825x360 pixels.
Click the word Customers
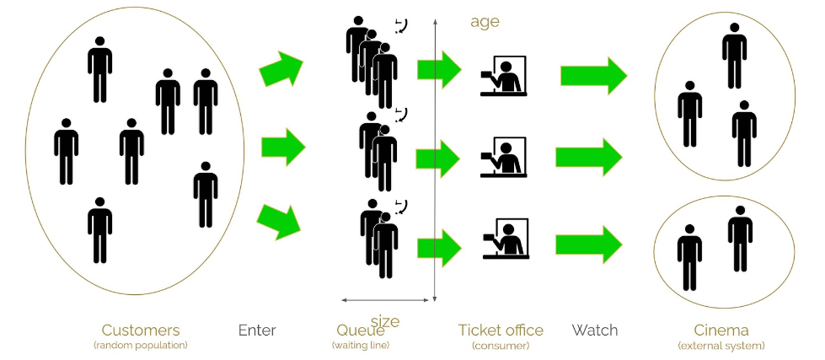click(x=141, y=330)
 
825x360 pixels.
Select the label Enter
click(x=257, y=330)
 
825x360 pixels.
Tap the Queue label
click(x=361, y=330)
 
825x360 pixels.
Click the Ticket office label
click(x=501, y=330)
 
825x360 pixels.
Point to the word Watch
click(x=595, y=330)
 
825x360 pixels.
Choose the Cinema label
click(x=721, y=330)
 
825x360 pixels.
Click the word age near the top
click(x=485, y=22)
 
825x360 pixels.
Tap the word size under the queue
click(x=385, y=321)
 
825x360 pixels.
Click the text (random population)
click(x=141, y=346)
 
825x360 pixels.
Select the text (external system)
click(x=721, y=346)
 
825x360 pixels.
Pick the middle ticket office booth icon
click(x=503, y=157)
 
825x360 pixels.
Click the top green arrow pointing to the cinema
click(x=593, y=76)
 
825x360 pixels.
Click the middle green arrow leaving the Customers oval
click(x=282, y=148)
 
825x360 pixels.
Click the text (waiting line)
click(x=361, y=346)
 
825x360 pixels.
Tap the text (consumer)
click(x=501, y=346)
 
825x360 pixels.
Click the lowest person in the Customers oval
click(x=100, y=229)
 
